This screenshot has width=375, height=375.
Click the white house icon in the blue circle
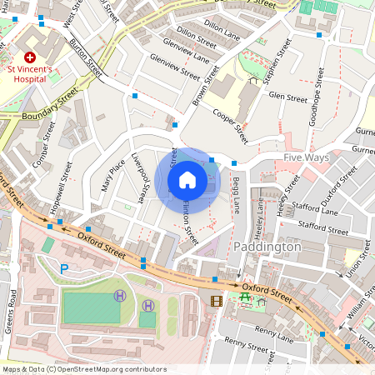coord(187,179)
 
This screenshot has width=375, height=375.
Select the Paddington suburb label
coord(267,247)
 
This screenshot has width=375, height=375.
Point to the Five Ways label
coord(306,157)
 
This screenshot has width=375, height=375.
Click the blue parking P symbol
coord(65,268)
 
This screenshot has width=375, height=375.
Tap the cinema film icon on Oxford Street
coord(217,300)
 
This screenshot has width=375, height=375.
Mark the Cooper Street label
coord(230,125)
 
